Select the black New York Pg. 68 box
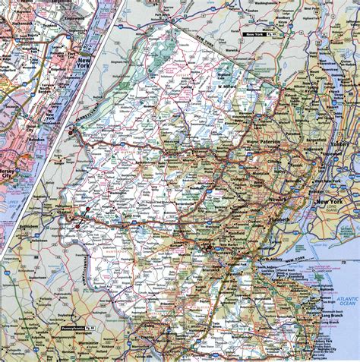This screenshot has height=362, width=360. pos(257,36)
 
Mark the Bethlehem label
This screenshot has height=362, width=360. pos(24,227)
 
